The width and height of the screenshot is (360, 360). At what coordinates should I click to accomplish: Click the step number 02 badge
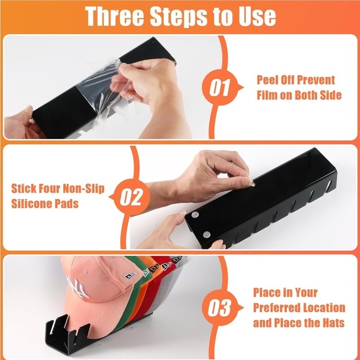pos(130,197)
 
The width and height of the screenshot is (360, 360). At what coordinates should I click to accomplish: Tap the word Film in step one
pos(267,95)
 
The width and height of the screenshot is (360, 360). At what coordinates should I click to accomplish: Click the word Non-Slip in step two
pos(84,189)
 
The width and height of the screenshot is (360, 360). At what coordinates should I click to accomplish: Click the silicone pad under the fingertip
pos(253,184)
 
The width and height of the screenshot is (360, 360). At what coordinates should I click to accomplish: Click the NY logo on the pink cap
pos(77,287)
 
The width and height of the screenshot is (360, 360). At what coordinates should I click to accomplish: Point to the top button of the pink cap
pos(86,272)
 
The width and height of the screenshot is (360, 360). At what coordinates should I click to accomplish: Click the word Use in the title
pos(258,16)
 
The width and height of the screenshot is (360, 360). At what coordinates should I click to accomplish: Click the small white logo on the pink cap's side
pos(130,276)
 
